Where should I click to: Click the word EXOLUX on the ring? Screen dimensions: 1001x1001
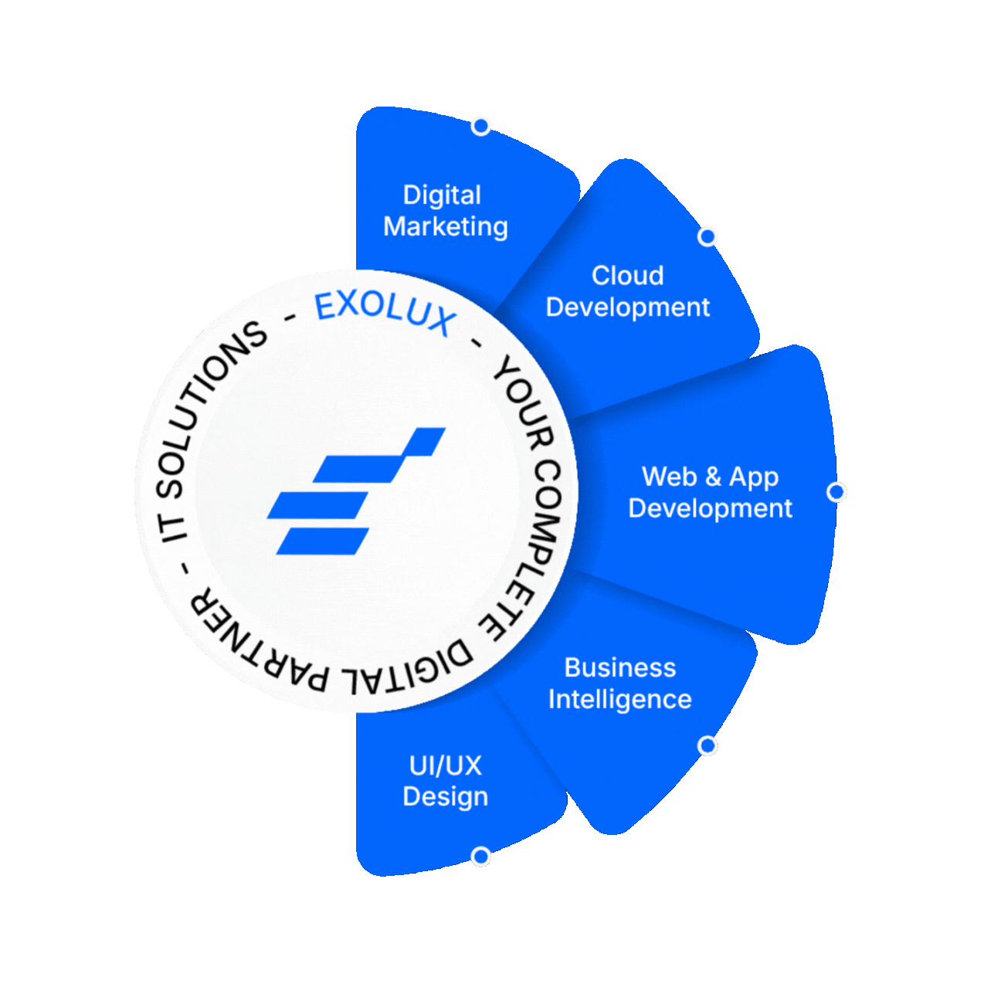tap(385, 311)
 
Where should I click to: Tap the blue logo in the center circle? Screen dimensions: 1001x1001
tap(356, 491)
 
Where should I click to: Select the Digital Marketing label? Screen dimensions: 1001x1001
tap(445, 210)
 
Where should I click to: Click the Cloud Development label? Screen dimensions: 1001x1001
tap(627, 291)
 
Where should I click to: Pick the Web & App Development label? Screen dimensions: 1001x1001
tap(710, 492)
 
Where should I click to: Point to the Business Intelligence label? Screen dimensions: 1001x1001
tap(619, 683)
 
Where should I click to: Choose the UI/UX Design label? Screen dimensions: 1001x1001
tap(445, 780)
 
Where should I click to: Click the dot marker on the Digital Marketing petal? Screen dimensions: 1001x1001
tap(481, 126)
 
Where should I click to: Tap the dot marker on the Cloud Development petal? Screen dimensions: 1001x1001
tap(707, 236)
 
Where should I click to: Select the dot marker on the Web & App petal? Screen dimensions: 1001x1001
tap(836, 492)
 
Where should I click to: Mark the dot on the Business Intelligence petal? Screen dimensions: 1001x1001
tap(707, 745)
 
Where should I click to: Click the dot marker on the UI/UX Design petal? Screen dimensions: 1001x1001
tap(481, 857)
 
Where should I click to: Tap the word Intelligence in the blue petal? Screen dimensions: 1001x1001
tap(619, 699)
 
